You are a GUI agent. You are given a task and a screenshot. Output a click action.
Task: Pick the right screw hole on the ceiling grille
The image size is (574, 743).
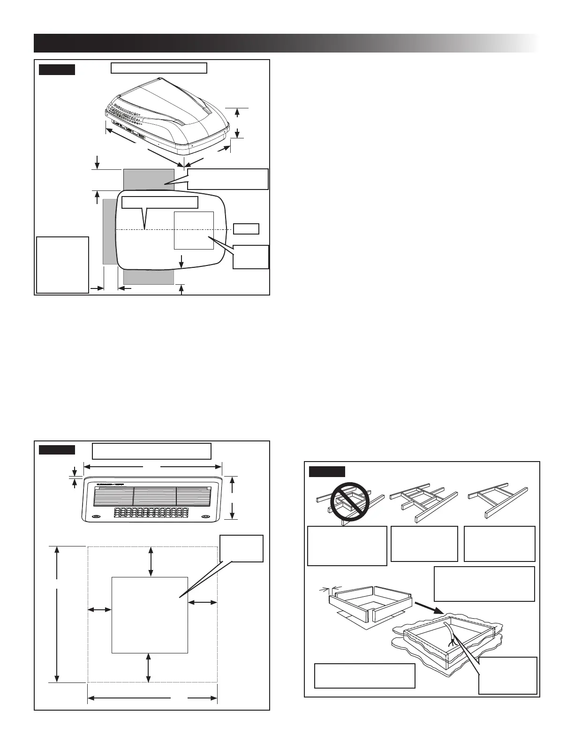coord(205,517)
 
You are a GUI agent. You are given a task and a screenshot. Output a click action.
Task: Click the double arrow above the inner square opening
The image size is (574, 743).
coord(150,561)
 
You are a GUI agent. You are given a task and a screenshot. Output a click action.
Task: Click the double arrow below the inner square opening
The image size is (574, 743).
coord(149,667)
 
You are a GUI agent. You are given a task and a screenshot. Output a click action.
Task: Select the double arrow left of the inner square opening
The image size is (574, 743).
coord(99,610)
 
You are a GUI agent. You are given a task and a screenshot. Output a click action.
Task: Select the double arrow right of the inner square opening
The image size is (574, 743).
coord(202,601)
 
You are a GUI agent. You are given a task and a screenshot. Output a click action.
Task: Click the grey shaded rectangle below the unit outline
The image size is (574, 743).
coord(148,277)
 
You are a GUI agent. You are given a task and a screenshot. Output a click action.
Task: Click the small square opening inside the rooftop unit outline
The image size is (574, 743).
coord(193,230)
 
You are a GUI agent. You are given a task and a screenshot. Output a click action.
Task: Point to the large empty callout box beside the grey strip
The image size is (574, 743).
coord(62,265)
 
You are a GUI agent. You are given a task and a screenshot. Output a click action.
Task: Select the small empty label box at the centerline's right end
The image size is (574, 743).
coord(246,229)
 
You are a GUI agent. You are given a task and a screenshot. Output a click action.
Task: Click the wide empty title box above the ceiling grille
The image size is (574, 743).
coord(151,450)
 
